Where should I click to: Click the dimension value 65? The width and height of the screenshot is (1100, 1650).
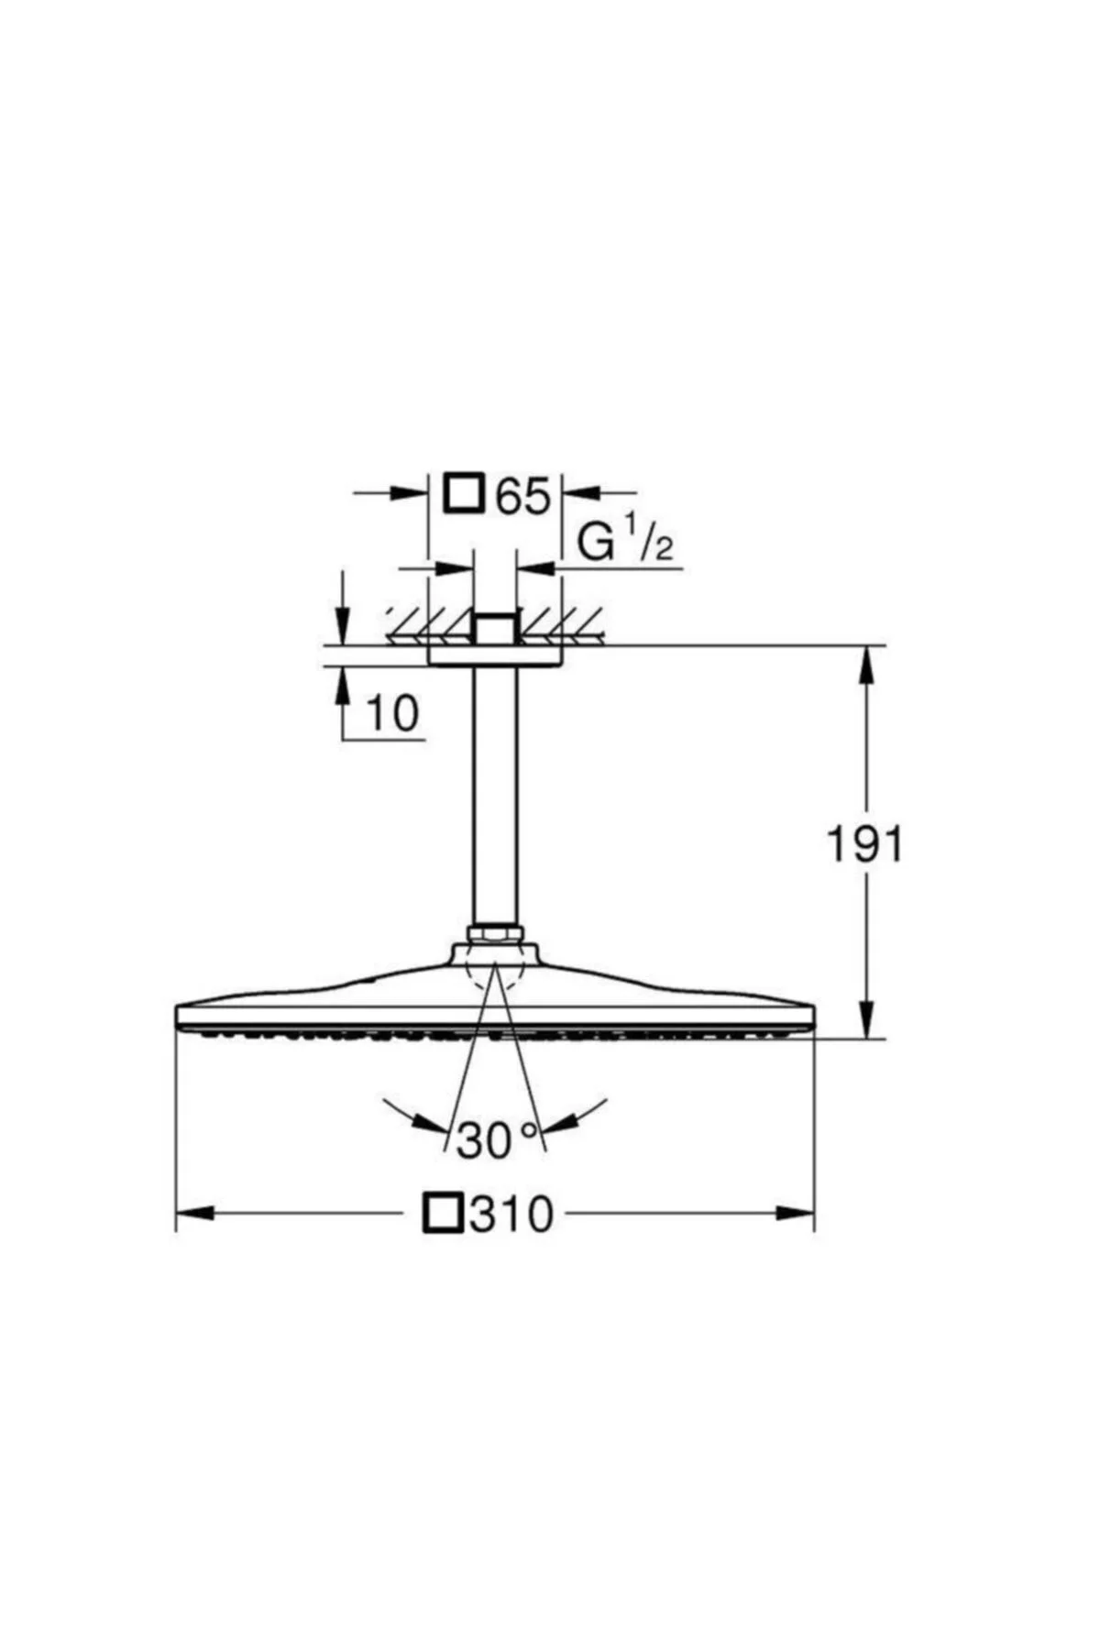(x=523, y=495)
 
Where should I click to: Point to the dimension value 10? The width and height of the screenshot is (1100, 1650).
(x=392, y=712)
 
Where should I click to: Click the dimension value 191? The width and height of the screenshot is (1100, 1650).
(x=865, y=843)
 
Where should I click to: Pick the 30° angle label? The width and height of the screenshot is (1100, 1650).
(x=495, y=1139)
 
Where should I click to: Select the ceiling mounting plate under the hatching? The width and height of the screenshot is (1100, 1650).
(x=495, y=656)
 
